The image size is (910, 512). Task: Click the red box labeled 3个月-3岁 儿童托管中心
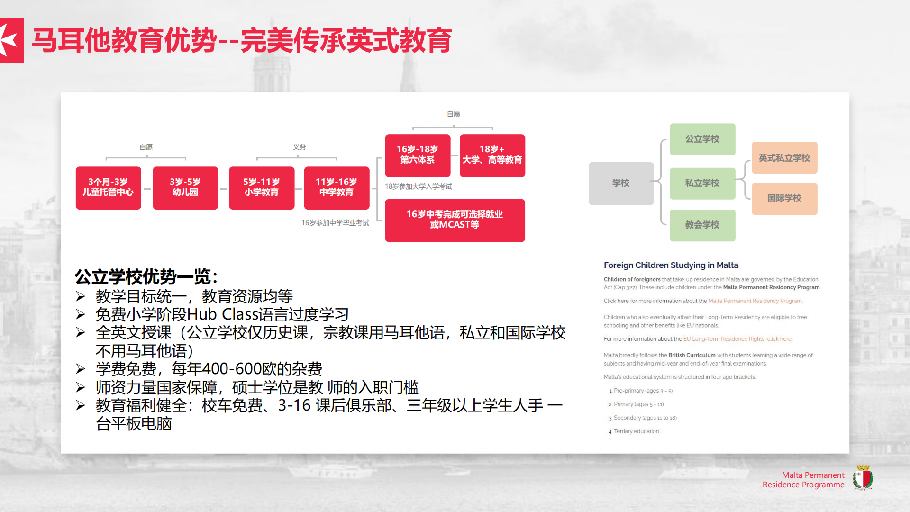108,188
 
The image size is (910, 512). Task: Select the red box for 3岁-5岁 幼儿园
185,188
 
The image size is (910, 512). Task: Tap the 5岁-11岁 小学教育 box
262,188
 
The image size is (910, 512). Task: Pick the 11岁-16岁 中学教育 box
337,188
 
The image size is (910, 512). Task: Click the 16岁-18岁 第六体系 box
418,155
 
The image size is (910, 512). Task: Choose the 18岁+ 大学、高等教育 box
492,155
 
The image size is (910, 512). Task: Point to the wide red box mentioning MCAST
455,220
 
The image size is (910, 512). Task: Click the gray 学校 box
621,183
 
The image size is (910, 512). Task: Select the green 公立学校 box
702,139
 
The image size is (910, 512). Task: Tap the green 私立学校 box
702,183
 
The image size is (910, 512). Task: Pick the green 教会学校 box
702,225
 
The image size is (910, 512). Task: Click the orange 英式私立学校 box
784,158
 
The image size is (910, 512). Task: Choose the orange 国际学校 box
784,199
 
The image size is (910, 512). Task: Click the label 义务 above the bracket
300,147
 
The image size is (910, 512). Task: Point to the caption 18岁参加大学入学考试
419,186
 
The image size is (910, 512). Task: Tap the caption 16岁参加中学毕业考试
335,223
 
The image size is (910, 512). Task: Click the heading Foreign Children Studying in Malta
671,265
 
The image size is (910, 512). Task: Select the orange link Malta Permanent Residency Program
755,301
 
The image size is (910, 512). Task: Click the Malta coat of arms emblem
863,477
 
